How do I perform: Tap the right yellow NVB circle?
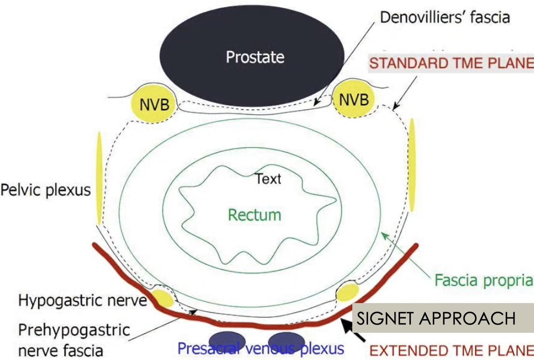pos(354,99)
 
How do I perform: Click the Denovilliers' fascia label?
pos(445,17)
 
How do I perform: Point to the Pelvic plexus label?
pos(45,190)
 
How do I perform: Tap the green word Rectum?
pos(255,215)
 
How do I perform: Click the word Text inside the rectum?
pos(268,179)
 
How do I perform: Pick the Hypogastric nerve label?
pos(82,301)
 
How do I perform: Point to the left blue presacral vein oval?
pos(227,341)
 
